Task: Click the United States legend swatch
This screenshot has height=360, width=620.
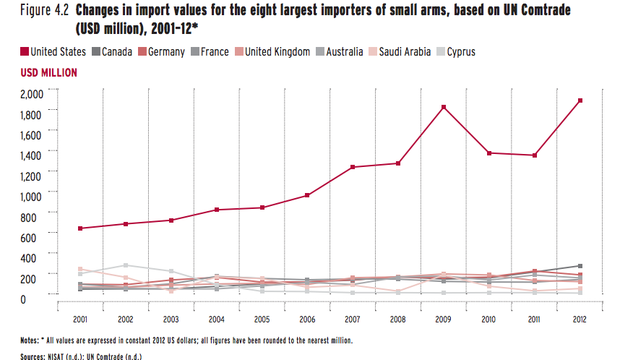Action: (x=24, y=52)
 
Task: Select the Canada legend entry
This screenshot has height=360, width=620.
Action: (x=116, y=52)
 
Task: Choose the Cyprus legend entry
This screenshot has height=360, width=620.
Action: (x=460, y=52)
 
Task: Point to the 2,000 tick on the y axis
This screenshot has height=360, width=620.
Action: (x=33, y=93)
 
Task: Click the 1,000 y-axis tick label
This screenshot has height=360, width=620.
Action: (x=33, y=196)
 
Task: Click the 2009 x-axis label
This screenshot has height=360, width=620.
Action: (x=443, y=319)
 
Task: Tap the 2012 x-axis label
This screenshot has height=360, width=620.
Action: (x=580, y=319)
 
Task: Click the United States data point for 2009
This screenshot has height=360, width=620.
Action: (x=444, y=107)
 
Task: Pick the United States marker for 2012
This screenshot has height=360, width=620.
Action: (x=580, y=100)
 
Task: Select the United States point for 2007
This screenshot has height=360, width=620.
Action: (x=352, y=167)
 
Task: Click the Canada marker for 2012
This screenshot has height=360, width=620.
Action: (x=580, y=266)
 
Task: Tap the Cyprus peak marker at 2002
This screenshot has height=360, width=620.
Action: (x=125, y=265)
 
